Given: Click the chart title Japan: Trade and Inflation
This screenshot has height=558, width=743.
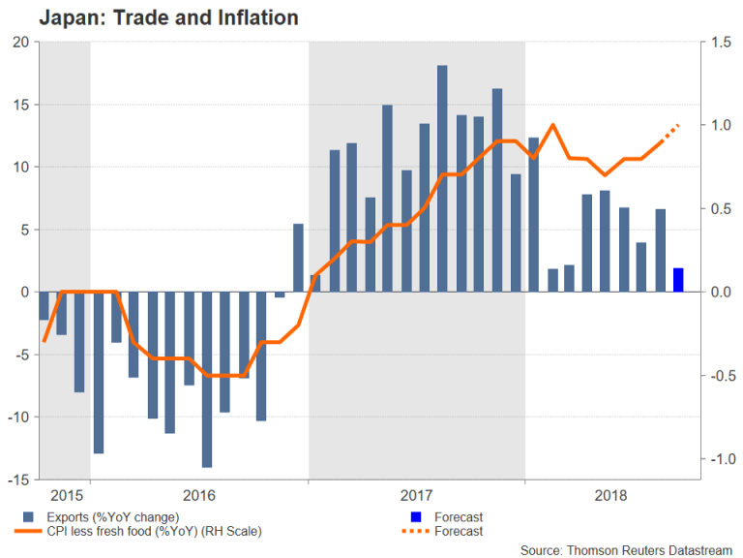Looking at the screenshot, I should point(154,17).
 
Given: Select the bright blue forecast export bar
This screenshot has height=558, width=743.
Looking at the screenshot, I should point(679,279).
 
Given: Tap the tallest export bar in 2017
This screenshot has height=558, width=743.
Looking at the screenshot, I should point(442,178).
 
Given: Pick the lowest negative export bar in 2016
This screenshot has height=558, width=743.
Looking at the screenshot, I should point(206,379).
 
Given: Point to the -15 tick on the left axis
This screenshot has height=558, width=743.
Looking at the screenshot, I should point(19,480).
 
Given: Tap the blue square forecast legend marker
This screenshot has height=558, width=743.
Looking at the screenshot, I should point(417,517).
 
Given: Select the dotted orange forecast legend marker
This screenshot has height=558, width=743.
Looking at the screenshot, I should point(417,531).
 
